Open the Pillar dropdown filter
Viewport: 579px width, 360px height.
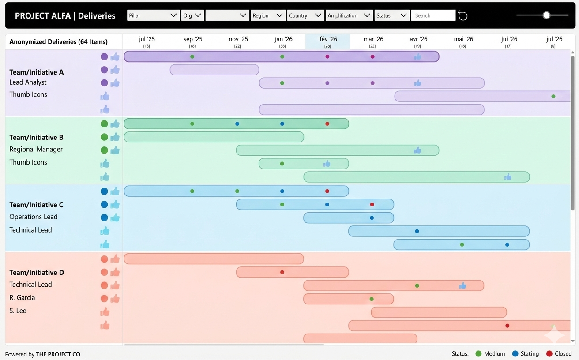tap(153, 15)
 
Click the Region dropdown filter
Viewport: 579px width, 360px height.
tap(267, 15)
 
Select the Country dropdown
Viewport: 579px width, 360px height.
tap(305, 15)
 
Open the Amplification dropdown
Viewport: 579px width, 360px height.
tap(349, 15)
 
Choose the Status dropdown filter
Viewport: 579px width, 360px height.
tap(391, 15)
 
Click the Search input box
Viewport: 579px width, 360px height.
tap(433, 15)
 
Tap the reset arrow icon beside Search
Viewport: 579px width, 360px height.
tap(462, 16)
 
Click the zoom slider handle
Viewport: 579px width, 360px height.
tap(546, 15)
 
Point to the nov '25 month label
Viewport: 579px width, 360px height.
tap(238, 39)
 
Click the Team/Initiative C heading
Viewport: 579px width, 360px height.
tap(36, 205)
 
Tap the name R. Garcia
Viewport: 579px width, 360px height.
tap(22, 298)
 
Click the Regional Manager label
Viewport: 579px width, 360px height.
tap(36, 149)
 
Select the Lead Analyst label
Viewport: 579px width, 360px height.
tap(28, 82)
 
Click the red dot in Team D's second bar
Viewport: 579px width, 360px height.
tap(282, 272)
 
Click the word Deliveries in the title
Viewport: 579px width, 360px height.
tap(97, 16)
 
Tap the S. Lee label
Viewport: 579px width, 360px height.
tap(18, 311)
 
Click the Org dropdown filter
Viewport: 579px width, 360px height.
tap(192, 15)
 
